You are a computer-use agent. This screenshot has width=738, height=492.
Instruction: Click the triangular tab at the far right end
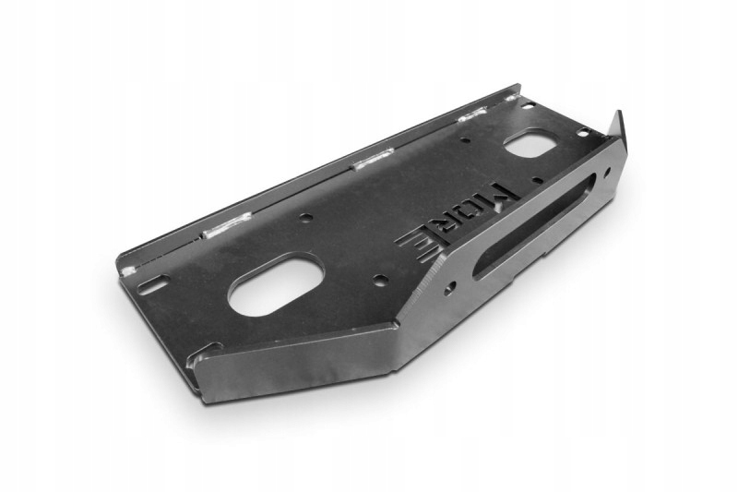(x=616, y=131)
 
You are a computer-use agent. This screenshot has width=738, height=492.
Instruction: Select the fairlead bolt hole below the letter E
(x=448, y=288)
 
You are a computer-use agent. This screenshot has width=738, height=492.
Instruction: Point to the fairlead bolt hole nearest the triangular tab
(x=606, y=173)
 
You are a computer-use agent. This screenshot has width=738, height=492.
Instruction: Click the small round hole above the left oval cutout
(x=305, y=219)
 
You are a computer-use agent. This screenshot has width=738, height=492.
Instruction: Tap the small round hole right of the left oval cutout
(x=379, y=278)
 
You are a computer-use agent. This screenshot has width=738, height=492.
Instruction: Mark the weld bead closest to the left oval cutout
(x=227, y=224)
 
